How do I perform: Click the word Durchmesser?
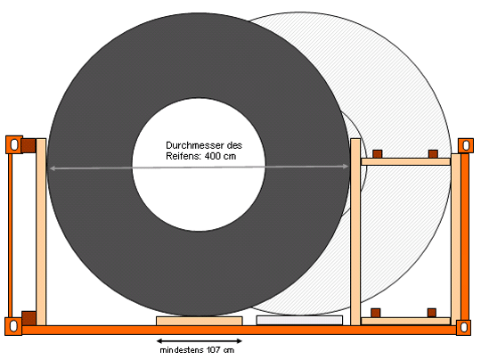pyautogui.click(x=194, y=145)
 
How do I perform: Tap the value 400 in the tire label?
pyautogui.click(x=213, y=156)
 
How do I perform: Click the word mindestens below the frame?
pyautogui.click(x=182, y=350)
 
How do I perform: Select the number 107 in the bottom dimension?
pyautogui.click(x=213, y=350)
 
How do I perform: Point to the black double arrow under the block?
pyautogui.click(x=200, y=340)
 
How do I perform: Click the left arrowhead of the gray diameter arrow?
pyautogui.click(x=53, y=168)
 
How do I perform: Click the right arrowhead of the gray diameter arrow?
pyautogui.click(x=346, y=167)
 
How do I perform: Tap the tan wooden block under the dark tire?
pyautogui.click(x=200, y=321)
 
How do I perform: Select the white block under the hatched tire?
pyautogui.click(x=299, y=321)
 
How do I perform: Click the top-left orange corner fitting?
pyautogui.click(x=14, y=144)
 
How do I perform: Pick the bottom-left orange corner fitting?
pyautogui.click(x=13, y=326)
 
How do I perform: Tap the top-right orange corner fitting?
pyautogui.click(x=466, y=145)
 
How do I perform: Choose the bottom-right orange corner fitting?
pyautogui.click(x=463, y=327)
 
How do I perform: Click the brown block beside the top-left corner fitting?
pyautogui.click(x=29, y=145)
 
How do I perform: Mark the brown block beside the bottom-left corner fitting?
pyautogui.click(x=29, y=318)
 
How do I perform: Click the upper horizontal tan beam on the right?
pyautogui.click(x=405, y=162)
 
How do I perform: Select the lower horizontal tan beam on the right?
pyautogui.click(x=405, y=322)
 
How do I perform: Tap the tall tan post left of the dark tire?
pyautogui.click(x=41, y=232)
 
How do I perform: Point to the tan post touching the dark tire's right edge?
pyautogui.click(x=355, y=232)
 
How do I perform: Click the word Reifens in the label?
pyautogui.click(x=183, y=156)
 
